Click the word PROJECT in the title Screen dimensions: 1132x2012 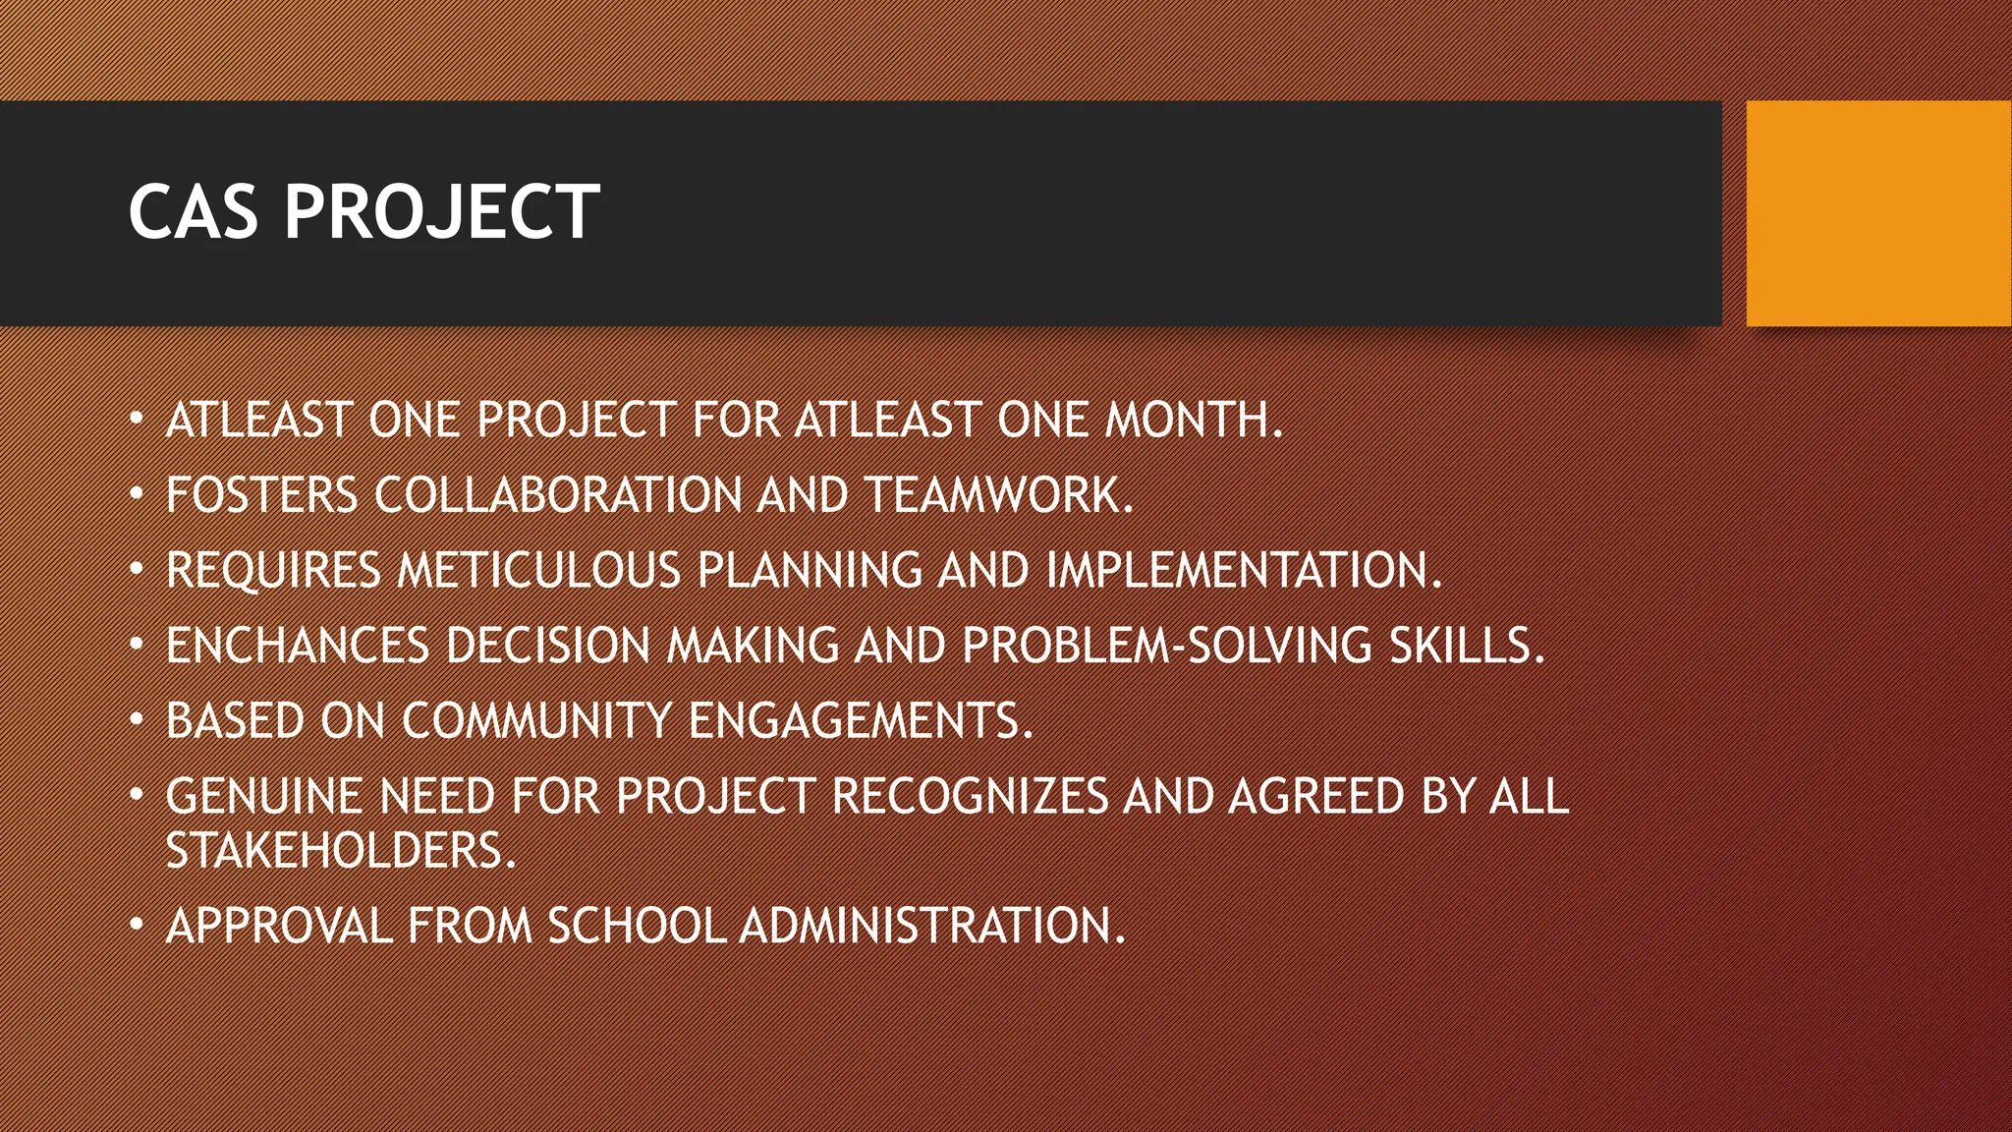pyautogui.click(x=441, y=212)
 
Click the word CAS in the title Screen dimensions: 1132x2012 pyautogui.click(x=193, y=212)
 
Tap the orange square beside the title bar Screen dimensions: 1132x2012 pyautogui.click(x=1878, y=213)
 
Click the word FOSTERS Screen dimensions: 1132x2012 pyautogui.click(x=261, y=495)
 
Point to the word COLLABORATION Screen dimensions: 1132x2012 pyautogui.click(x=557, y=495)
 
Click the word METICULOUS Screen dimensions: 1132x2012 pyautogui.click(x=538, y=571)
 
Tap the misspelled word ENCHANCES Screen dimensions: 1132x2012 pyautogui.click(x=298, y=647)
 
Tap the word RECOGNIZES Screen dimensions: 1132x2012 pyautogui.click(x=970, y=797)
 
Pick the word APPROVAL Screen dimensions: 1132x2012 pyautogui.click(x=279, y=927)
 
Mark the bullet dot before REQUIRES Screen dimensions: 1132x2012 pyautogui.click(x=137, y=569)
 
